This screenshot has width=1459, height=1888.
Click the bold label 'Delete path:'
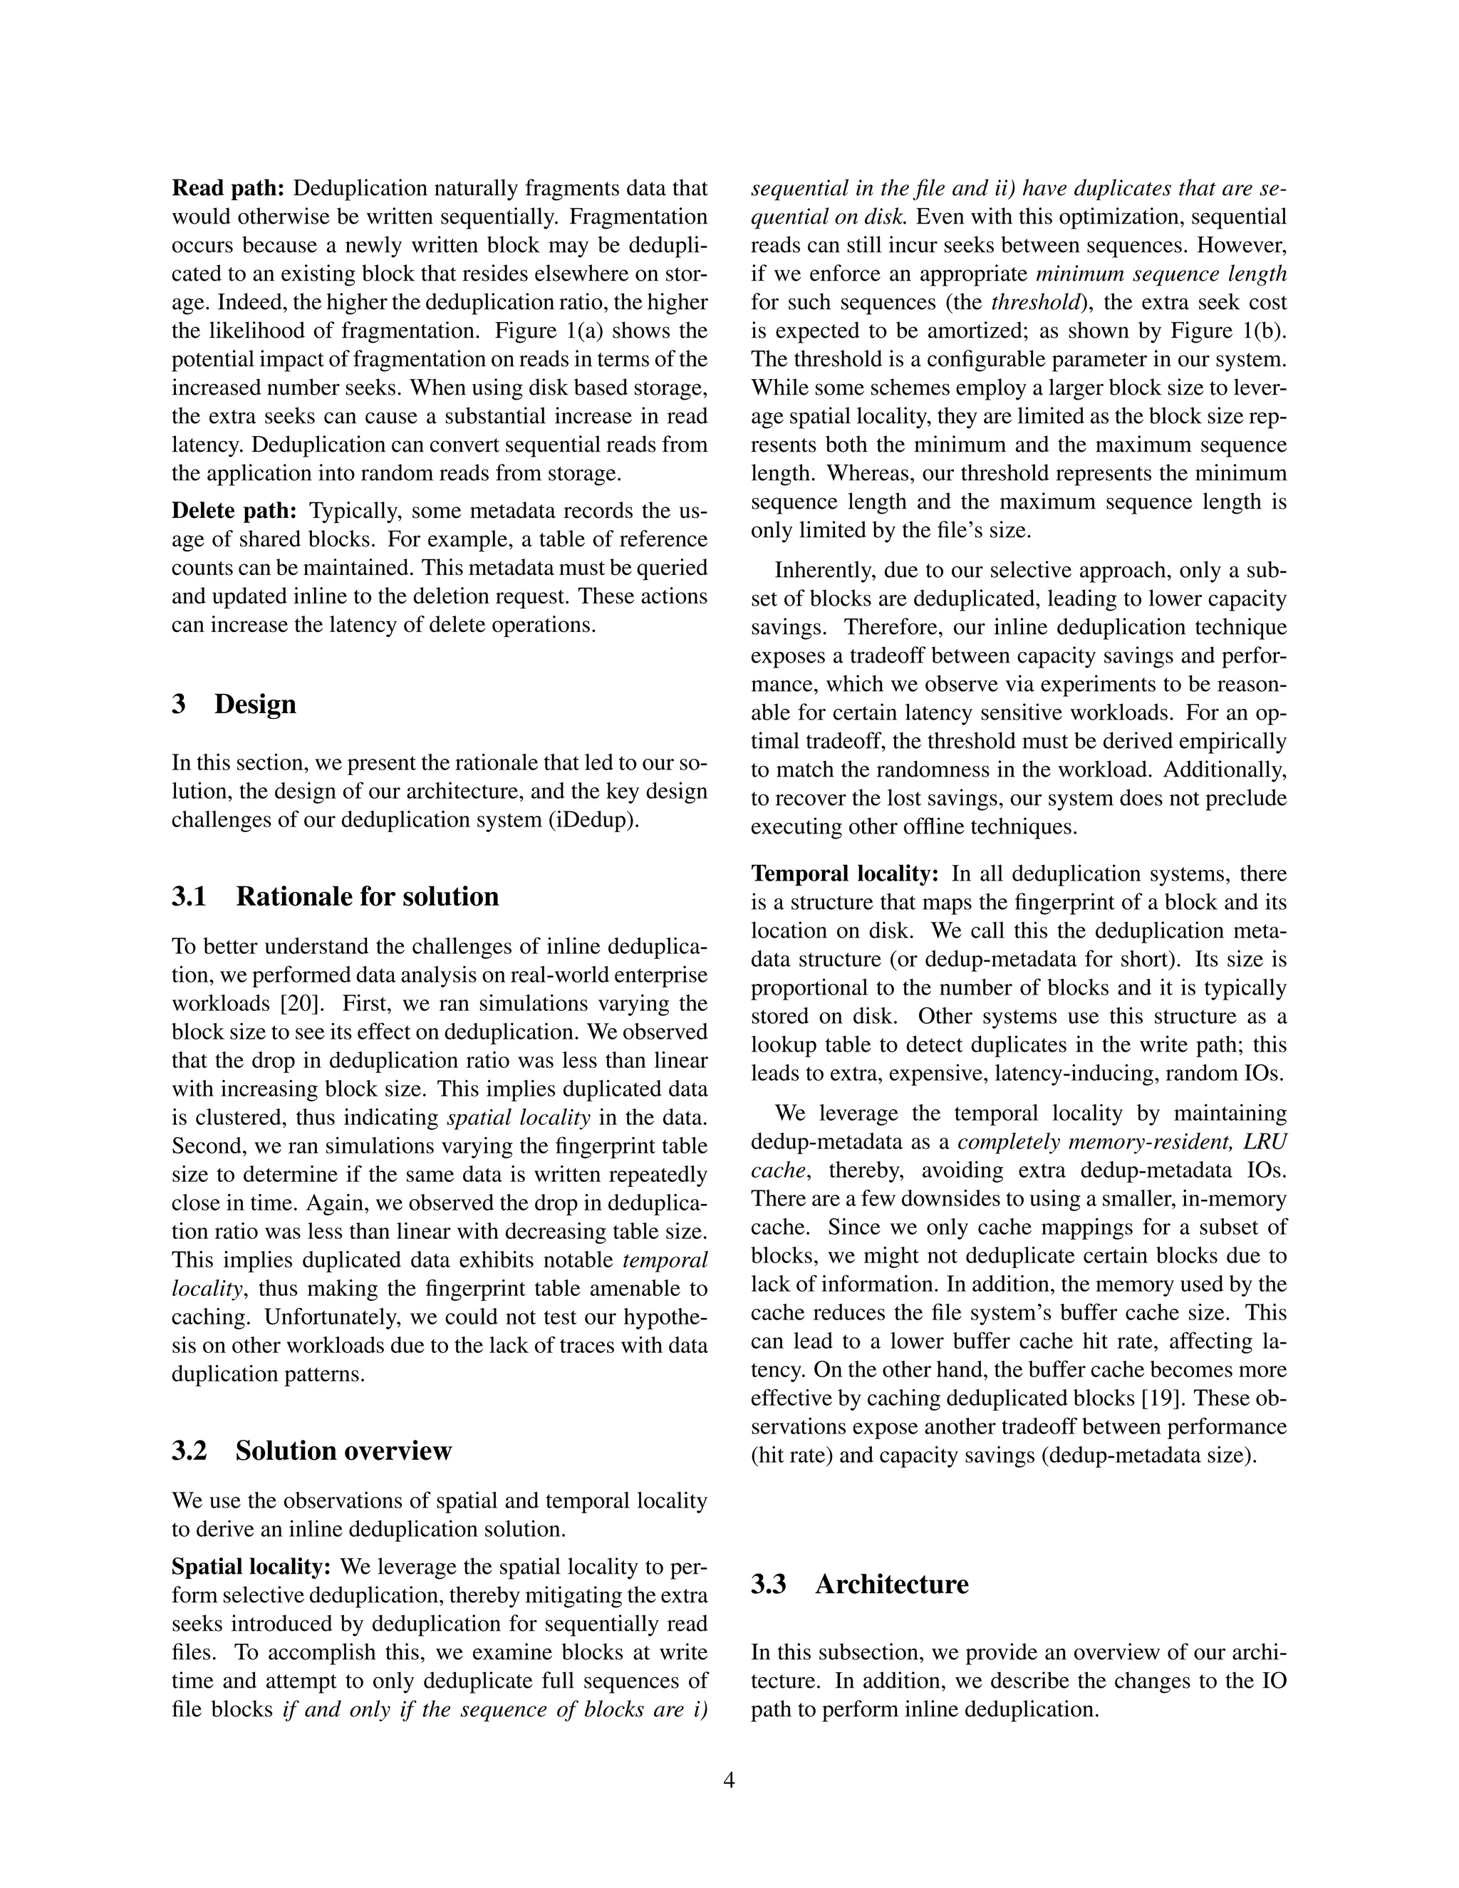234,511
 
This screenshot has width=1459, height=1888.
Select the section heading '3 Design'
234,704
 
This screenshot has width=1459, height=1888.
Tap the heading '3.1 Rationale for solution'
335,896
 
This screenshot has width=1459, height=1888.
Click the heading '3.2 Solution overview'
311,1450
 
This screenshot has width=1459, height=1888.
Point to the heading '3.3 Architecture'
859,1584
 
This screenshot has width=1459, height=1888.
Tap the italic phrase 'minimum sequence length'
1161,274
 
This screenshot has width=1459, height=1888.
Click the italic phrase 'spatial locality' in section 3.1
518,1118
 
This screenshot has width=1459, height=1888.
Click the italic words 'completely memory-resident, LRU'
1122,1142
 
